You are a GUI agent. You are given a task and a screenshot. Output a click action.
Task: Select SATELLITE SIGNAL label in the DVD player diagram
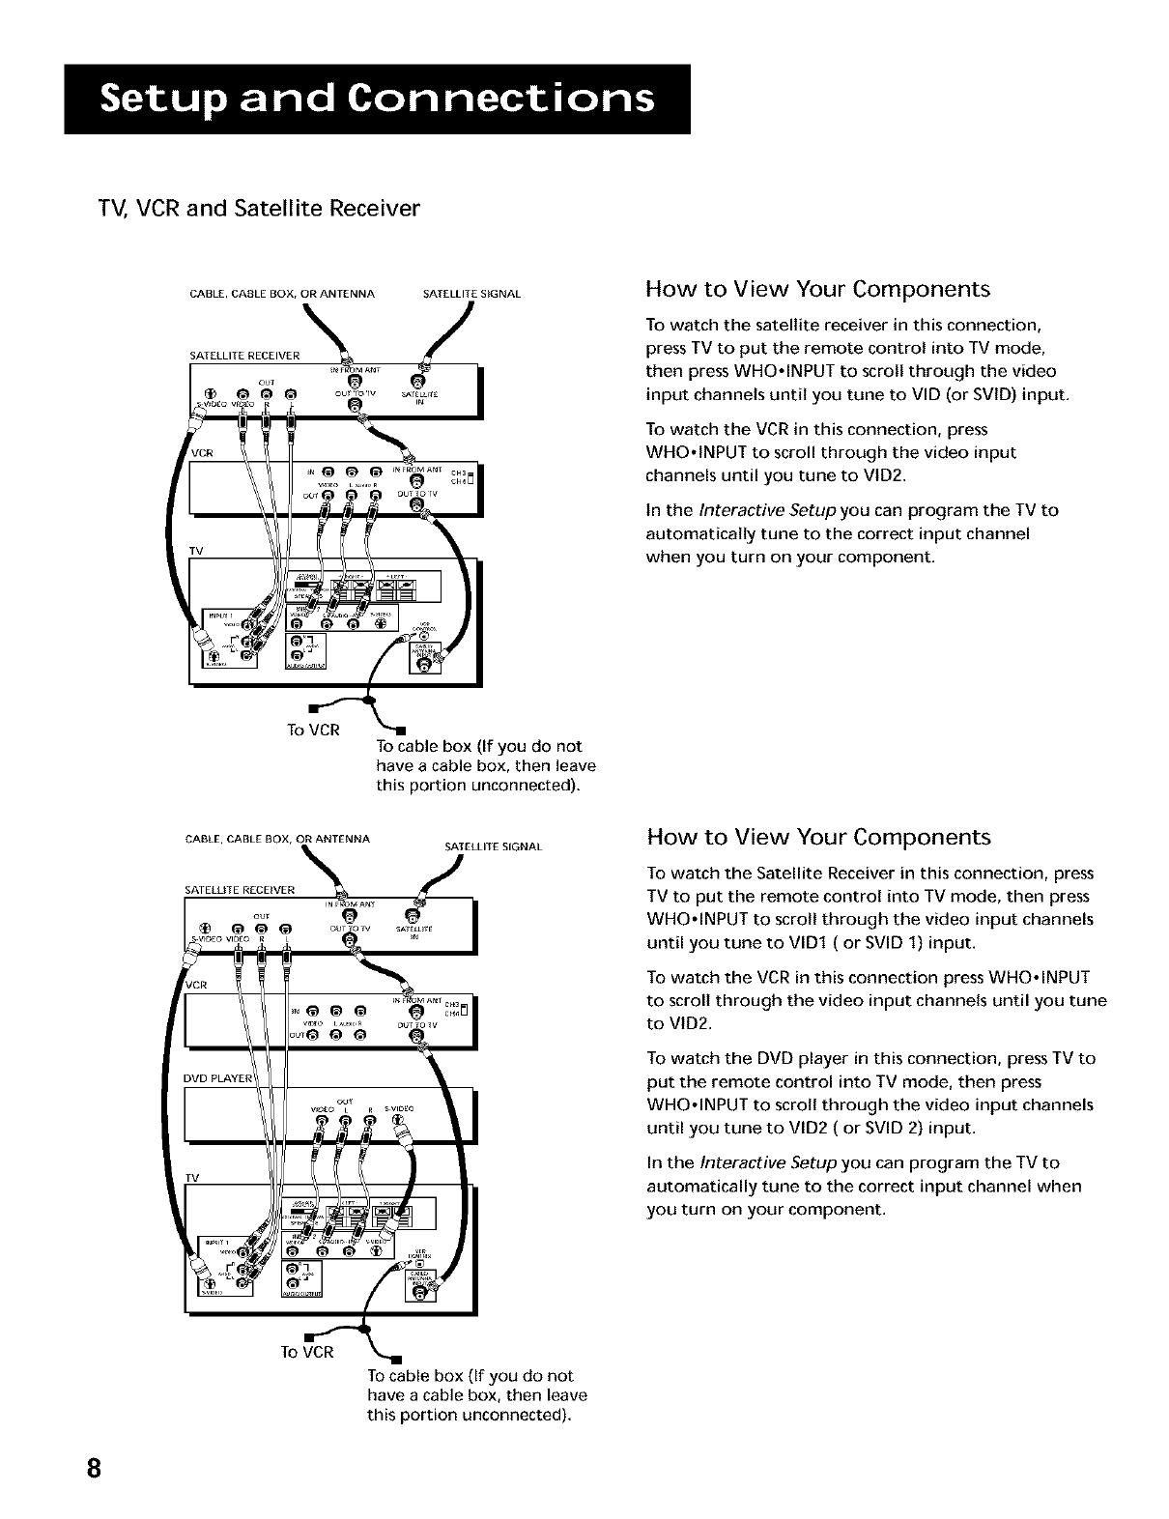click(493, 847)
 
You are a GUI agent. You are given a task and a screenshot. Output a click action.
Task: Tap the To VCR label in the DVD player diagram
click(307, 1352)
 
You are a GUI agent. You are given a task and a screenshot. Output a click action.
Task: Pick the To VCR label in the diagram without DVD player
click(314, 730)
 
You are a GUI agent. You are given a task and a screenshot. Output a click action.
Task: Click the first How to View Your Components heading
click(817, 289)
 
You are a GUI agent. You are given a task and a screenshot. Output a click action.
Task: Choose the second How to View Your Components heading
click(819, 836)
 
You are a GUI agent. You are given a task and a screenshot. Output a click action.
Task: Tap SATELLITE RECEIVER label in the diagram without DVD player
click(244, 355)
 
